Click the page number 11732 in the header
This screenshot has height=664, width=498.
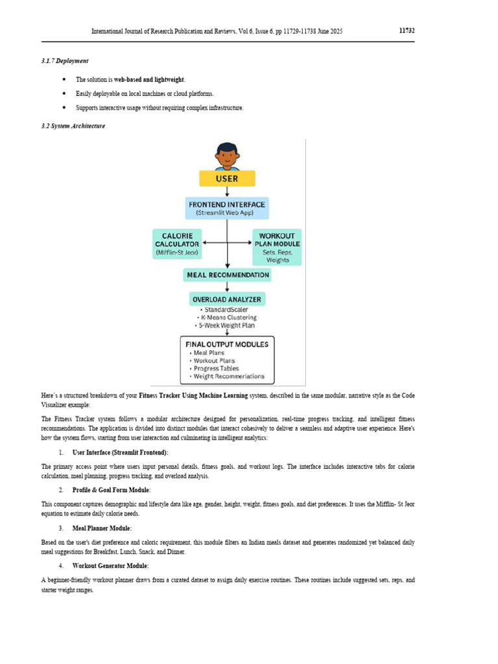(x=406, y=30)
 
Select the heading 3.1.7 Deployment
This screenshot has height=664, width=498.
(x=65, y=61)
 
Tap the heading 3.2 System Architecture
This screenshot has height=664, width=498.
(x=73, y=126)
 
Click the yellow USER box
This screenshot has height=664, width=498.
(x=227, y=178)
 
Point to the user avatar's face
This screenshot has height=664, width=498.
(x=227, y=156)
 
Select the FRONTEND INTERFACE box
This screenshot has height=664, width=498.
(x=227, y=208)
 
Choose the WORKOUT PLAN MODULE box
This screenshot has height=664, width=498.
(x=277, y=246)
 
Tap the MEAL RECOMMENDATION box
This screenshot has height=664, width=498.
(x=227, y=275)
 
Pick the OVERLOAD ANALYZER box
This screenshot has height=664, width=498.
(x=227, y=299)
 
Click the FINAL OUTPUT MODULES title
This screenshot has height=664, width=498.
(x=227, y=344)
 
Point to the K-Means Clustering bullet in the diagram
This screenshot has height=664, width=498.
(x=228, y=317)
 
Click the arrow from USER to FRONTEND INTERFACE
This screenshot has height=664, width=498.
(x=227, y=192)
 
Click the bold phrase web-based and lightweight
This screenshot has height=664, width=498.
(x=149, y=80)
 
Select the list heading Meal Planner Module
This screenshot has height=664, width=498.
(x=102, y=528)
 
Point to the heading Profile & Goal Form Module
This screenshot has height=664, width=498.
(x=112, y=490)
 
